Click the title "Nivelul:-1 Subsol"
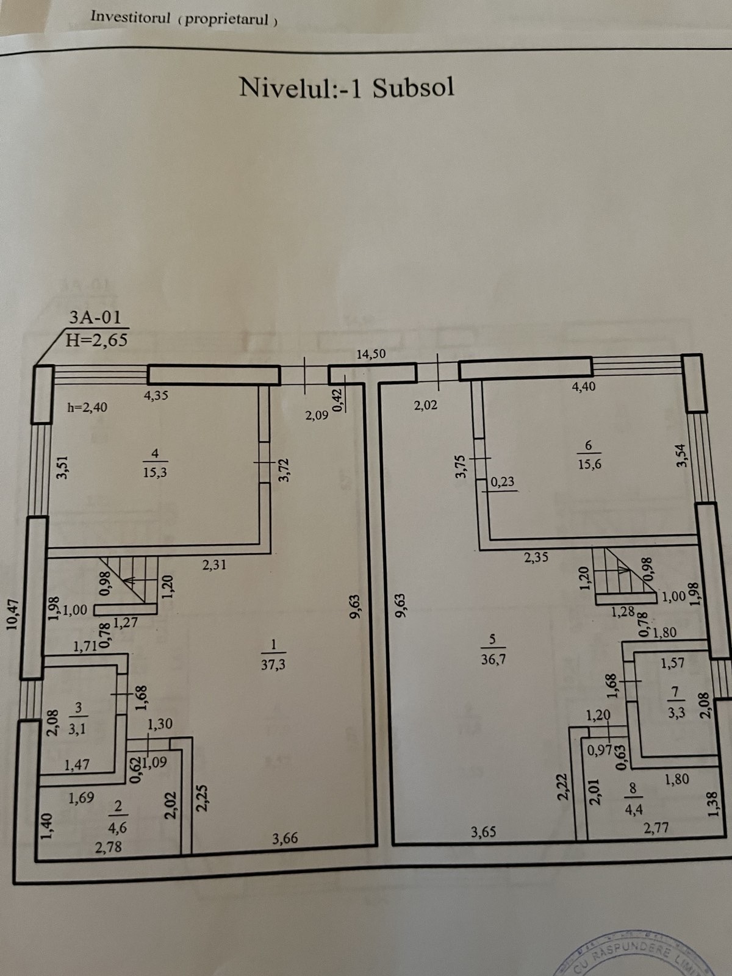coord(346,87)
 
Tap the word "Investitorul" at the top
coord(130,17)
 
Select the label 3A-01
coord(95,317)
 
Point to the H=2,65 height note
coord(96,340)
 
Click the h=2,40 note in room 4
coord(87,407)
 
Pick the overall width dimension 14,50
coord(371,354)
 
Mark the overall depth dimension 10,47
coord(13,614)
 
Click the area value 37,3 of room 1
coord(273,664)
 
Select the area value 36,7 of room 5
coord(493,659)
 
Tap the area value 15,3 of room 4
coord(155,472)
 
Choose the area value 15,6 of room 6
coord(589,464)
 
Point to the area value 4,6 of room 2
coord(117,827)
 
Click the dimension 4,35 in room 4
coord(156,395)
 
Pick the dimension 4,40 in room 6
coord(584,386)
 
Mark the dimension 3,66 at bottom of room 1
coord(285,839)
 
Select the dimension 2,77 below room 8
coord(656,828)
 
